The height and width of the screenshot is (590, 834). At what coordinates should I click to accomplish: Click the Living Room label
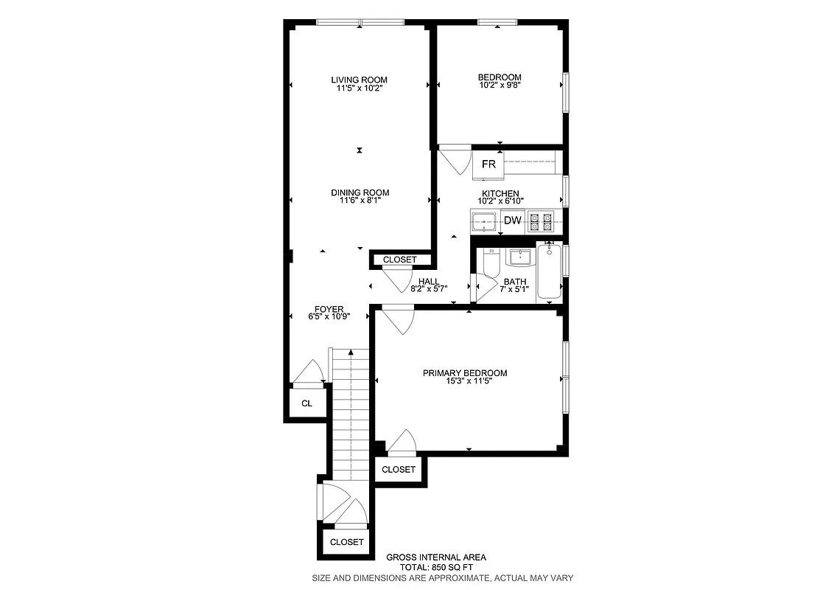click(359, 80)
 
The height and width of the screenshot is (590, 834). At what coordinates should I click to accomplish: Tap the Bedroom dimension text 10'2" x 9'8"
click(500, 86)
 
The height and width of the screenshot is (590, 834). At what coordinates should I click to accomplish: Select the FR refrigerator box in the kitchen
click(488, 164)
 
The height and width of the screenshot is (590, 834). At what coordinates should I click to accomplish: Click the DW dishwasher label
click(513, 221)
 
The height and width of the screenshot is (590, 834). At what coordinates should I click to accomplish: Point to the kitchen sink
click(484, 220)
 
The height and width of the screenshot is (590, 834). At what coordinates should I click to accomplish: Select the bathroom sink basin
click(521, 257)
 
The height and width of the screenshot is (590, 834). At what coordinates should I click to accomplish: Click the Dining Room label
click(360, 192)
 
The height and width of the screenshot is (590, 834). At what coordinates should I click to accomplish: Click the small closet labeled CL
click(306, 403)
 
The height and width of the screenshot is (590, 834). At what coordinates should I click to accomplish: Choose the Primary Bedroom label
click(464, 373)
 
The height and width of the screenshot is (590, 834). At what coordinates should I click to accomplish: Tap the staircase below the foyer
click(349, 413)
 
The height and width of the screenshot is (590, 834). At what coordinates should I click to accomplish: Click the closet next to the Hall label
click(399, 260)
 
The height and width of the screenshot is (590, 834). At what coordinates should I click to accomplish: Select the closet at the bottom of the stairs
click(346, 542)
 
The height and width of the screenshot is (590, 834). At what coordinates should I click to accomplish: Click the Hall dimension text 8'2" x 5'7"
click(429, 288)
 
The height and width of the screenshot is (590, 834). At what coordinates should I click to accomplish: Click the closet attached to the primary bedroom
click(399, 470)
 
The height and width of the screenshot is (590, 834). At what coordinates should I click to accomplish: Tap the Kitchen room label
click(501, 193)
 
